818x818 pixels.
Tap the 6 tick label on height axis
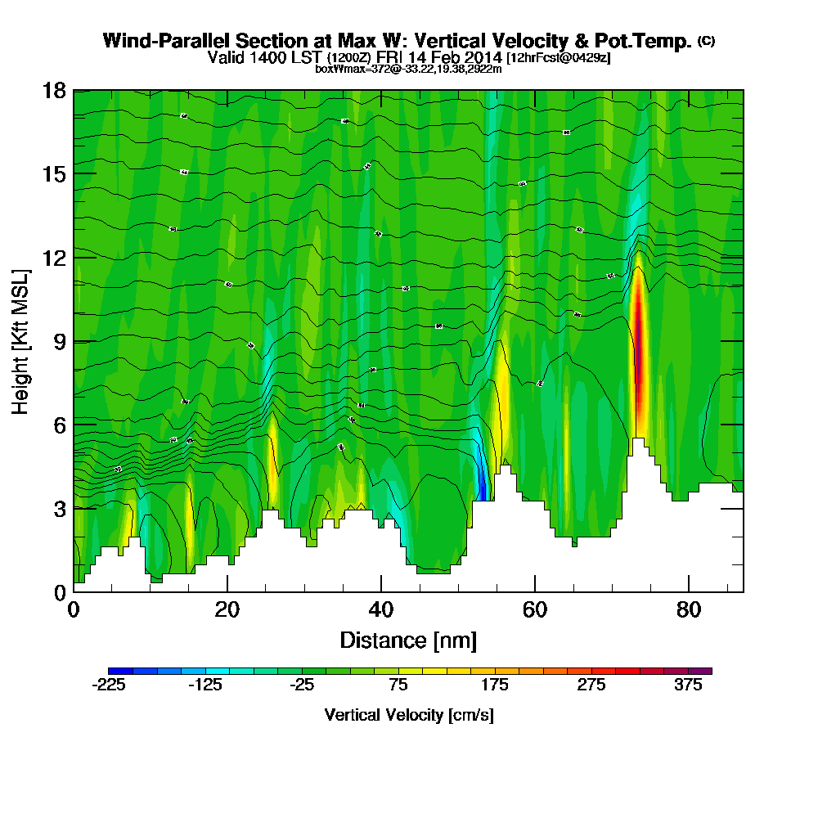point(60,425)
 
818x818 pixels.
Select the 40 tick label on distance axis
point(381,610)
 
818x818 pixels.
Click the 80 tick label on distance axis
point(689,610)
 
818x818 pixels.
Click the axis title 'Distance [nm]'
point(408,640)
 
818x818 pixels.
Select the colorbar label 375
point(689,685)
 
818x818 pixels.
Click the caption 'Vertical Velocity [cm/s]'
point(408,715)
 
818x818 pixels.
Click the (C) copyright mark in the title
point(706,40)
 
